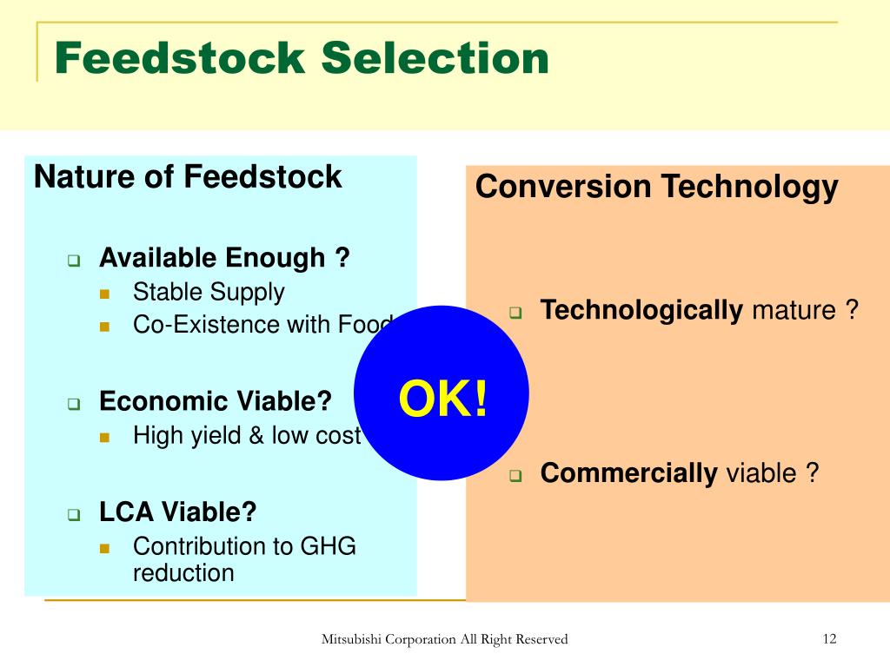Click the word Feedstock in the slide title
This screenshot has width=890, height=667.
(181, 58)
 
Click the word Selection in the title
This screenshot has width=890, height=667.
(435, 58)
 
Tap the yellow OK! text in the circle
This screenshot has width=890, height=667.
(443, 398)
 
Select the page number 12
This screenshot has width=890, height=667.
(829, 638)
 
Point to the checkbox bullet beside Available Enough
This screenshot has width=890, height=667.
(74, 261)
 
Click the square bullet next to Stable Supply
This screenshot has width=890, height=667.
(104, 294)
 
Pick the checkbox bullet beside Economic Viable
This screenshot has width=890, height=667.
(74, 404)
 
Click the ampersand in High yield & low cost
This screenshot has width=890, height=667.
(256, 436)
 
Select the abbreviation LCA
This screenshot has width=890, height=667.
(127, 512)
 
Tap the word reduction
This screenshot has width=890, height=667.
(183, 573)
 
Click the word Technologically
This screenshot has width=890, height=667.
(641, 311)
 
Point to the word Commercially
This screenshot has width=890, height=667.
(629, 473)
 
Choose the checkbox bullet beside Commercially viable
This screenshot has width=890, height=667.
(515, 475)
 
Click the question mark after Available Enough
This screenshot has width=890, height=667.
(342, 257)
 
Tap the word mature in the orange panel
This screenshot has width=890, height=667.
(794, 310)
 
